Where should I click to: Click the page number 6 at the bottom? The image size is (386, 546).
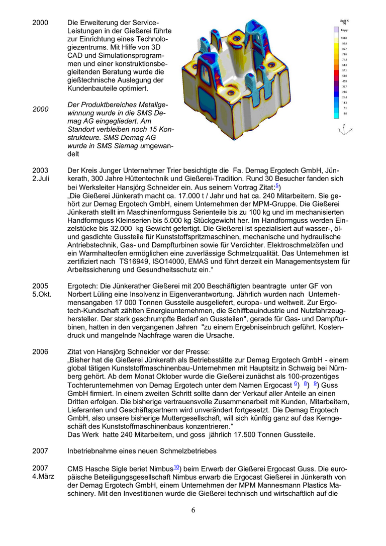pos(193,510)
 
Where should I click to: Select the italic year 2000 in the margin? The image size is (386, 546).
pos(41,109)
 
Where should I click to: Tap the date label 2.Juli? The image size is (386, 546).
pos(41,178)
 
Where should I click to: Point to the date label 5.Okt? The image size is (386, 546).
pos(42,294)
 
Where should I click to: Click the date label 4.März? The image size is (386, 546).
pos(43,476)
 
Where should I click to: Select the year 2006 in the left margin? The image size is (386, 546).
pos(40,351)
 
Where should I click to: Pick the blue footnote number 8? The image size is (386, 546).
pos(306,384)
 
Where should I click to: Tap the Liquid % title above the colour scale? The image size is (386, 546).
pos(344,22)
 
